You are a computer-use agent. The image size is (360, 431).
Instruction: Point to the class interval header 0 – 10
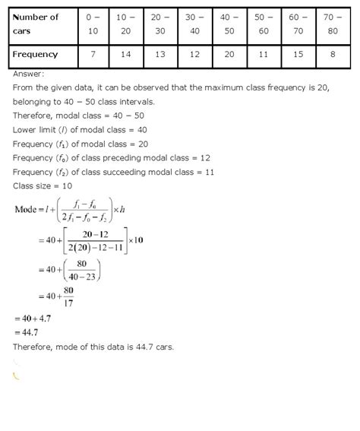pyautogui.click(x=94, y=24)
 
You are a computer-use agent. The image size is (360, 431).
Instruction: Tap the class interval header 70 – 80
pyautogui.click(x=330, y=24)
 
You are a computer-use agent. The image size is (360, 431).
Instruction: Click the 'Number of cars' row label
pyautogui.click(x=42, y=24)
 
